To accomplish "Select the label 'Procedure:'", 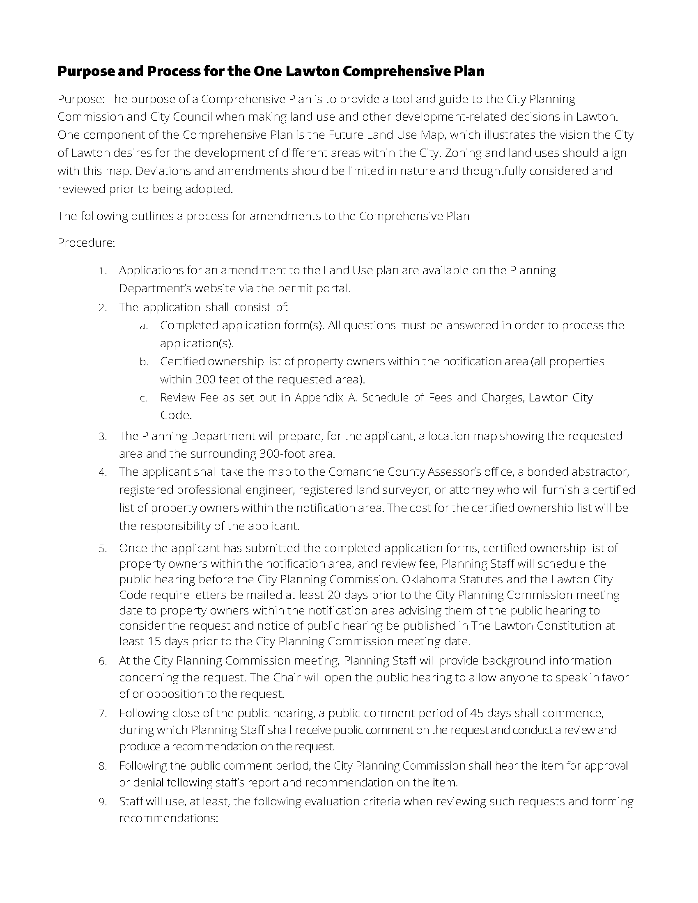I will (86, 243).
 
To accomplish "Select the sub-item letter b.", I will (143, 362).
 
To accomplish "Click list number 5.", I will (102, 549).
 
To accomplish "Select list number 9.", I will (102, 802).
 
